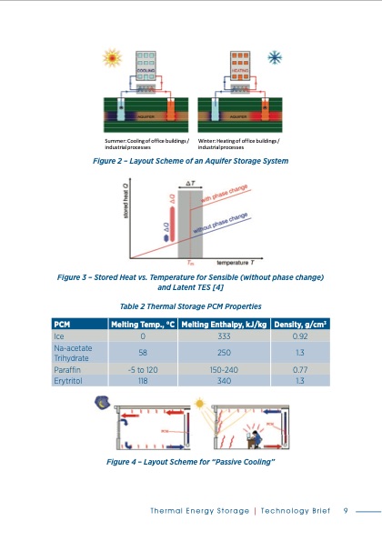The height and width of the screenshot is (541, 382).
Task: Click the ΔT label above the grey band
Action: (x=189, y=184)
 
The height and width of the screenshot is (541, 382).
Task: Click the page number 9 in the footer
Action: (x=346, y=510)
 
